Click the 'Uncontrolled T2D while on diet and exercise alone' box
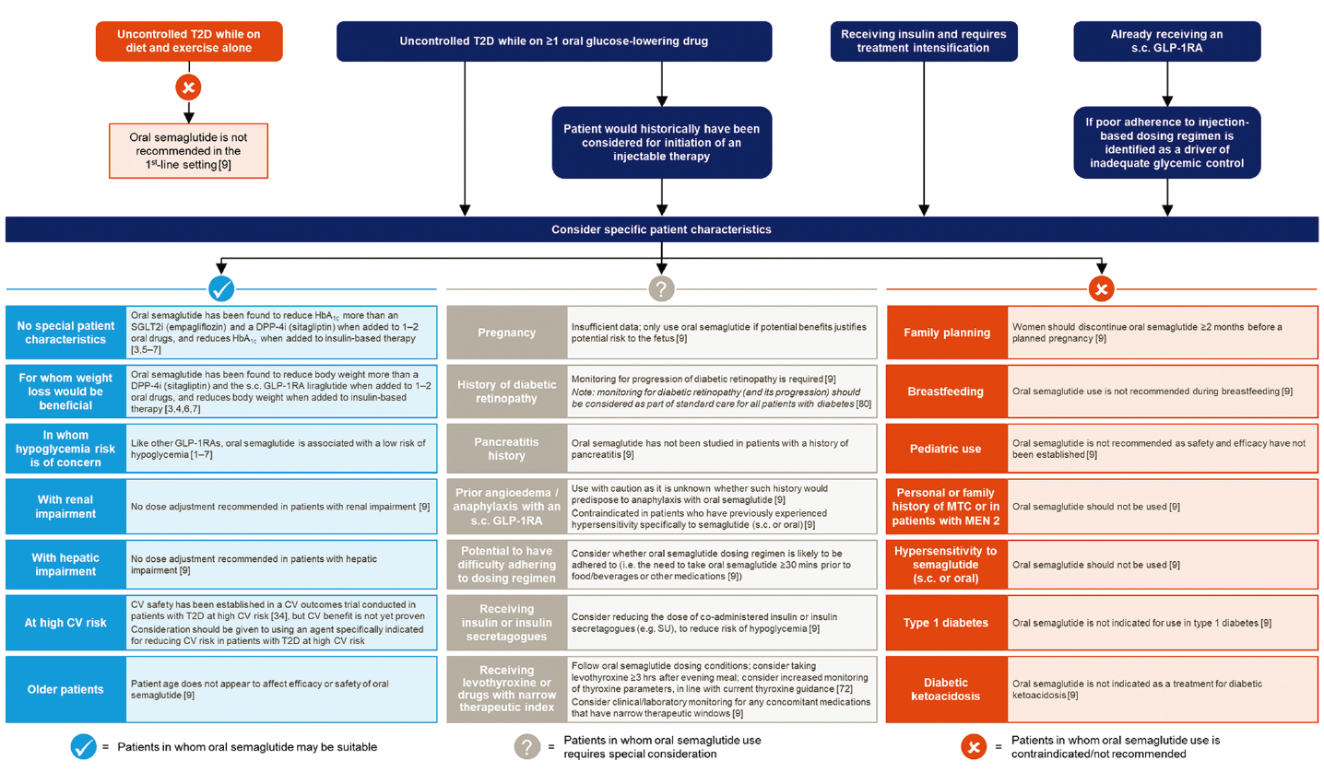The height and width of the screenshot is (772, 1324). (188, 41)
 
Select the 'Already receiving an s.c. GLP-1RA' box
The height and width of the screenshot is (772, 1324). (1168, 41)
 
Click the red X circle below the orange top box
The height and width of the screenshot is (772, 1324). (188, 88)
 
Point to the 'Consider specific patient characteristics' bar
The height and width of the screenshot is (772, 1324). (661, 229)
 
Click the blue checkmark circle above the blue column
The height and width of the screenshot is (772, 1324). (221, 289)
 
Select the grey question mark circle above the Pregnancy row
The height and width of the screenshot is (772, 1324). (661, 289)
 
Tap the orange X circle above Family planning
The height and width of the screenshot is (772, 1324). (1102, 289)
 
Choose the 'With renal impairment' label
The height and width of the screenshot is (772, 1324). (65, 508)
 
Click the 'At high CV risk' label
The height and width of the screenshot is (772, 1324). (65, 623)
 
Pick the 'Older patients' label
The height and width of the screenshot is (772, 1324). (65, 688)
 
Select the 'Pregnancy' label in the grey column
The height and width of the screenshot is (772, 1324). (505, 333)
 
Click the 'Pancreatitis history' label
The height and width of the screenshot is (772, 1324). (505, 449)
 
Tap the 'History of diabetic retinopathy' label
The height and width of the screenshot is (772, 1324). (505, 392)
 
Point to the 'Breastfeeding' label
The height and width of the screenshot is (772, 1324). (945, 392)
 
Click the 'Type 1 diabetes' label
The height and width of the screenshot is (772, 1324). (945, 623)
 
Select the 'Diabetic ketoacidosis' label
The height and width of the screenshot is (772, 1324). (945, 688)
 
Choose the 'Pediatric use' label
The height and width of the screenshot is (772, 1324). (945, 449)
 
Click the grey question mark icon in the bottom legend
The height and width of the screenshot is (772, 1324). (527, 746)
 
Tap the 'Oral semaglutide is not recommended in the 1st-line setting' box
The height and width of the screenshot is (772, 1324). (188, 150)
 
